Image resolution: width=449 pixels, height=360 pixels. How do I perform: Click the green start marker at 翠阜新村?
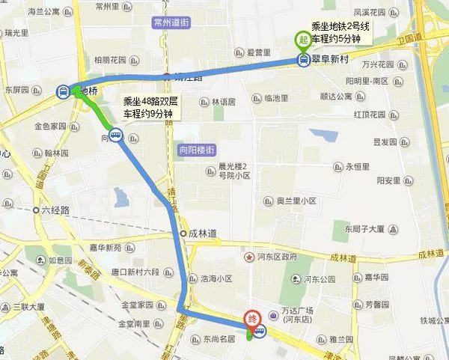tap(303, 40)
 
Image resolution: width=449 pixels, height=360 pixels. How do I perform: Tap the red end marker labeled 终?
tap(253, 318)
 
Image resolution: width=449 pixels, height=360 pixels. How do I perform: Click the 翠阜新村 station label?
tap(334, 62)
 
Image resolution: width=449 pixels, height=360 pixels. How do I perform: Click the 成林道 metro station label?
tap(203, 234)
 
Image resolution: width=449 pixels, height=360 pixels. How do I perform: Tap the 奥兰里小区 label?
tap(296, 201)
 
